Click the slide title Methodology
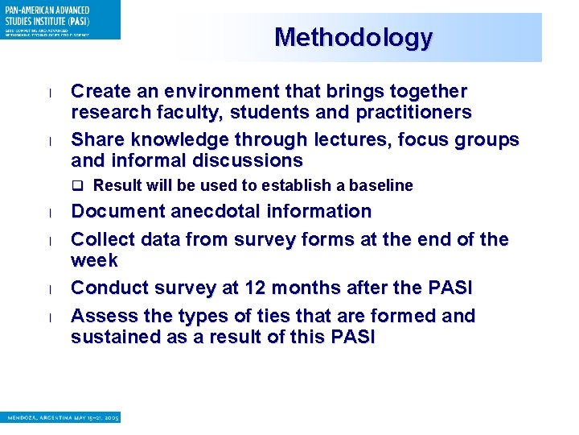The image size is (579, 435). (353, 38)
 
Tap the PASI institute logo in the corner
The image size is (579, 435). (60, 19)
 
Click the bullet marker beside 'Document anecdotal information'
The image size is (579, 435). (50, 213)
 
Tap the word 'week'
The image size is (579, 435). (94, 261)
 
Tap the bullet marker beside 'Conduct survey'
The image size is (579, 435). (50, 290)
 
